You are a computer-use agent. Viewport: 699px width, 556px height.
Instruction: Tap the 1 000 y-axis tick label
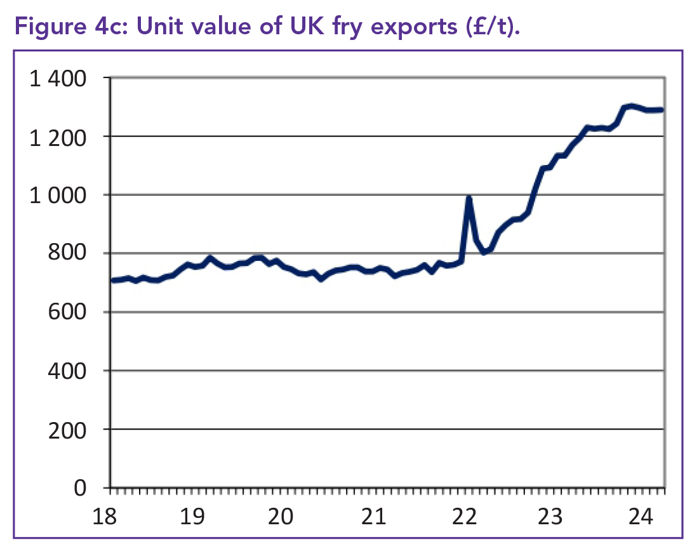[x=58, y=195]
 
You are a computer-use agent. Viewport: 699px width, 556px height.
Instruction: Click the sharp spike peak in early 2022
[x=469, y=198]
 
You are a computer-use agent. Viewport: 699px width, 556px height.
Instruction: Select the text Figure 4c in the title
[x=60, y=28]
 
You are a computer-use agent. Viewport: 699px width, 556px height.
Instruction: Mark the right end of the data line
[x=662, y=110]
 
